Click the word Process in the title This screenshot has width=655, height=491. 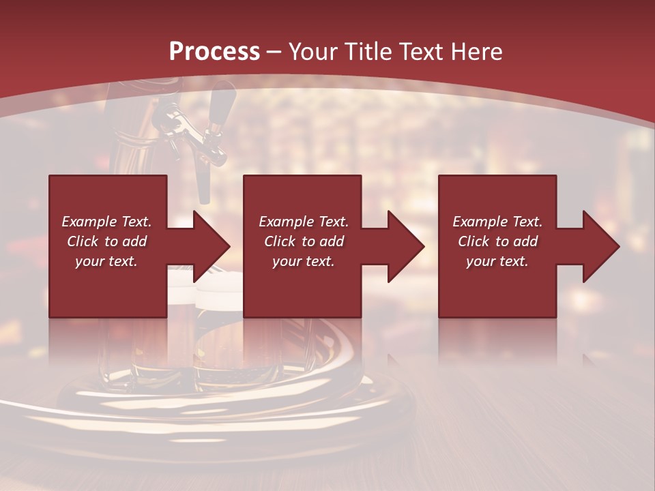214,52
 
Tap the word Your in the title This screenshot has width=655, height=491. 315,52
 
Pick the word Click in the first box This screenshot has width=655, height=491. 83,241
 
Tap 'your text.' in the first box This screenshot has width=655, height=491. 106,261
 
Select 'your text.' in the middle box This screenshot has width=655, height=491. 303,261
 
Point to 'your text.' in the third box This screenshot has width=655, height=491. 497,261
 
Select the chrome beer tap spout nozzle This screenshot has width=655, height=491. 203,184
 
